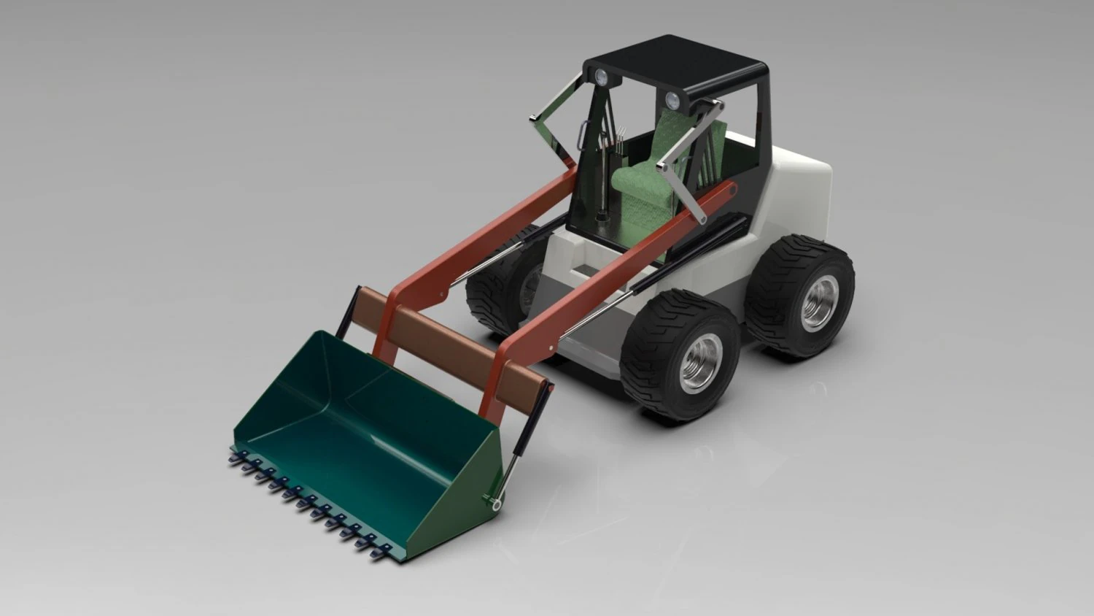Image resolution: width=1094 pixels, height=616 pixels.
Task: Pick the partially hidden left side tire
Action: pos(496,285)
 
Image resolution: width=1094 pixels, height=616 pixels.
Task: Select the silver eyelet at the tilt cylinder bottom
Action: pos(497,503)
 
